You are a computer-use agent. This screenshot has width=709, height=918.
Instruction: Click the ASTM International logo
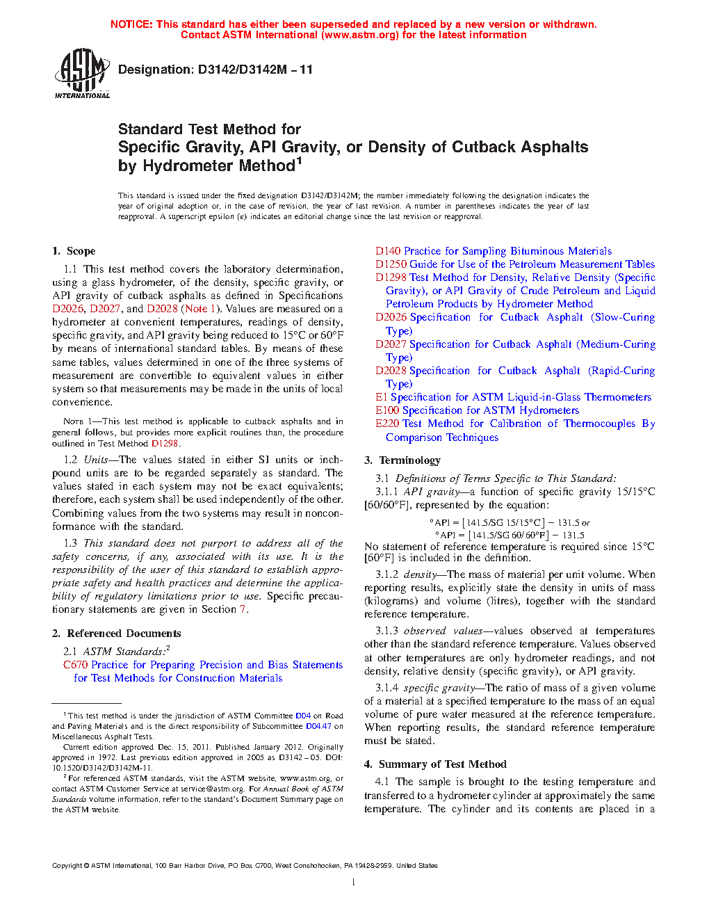tap(82, 73)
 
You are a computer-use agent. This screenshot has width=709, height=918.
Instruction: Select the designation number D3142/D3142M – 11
tap(255, 70)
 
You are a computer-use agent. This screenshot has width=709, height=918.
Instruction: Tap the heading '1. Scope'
tap(74, 251)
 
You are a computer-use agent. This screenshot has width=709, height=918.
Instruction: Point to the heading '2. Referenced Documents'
tap(116, 634)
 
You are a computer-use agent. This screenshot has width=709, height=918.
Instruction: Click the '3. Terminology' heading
tap(402, 460)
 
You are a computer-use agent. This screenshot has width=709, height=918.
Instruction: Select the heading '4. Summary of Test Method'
tap(435, 764)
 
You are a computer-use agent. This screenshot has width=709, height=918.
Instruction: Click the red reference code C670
tap(75, 665)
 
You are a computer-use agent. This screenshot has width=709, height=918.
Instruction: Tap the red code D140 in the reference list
tap(388, 251)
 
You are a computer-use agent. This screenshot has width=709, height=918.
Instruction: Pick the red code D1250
tap(391, 264)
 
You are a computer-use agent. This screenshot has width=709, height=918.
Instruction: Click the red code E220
tap(387, 424)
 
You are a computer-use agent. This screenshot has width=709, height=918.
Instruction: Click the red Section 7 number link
tap(243, 609)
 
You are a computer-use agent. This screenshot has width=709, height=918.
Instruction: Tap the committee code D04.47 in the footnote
tap(318, 726)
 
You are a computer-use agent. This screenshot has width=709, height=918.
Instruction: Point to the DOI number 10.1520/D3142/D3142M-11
tap(102, 768)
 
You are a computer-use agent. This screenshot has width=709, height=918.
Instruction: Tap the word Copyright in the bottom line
tap(67, 866)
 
